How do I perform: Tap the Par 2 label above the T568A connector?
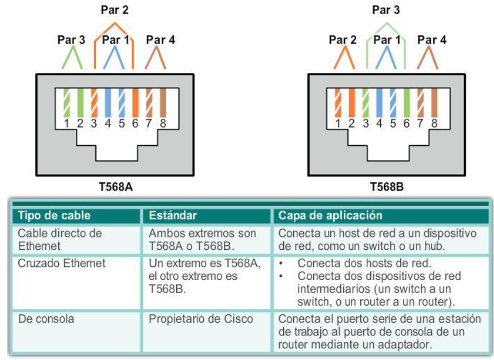[x=115, y=11]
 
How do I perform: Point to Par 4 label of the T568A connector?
[x=160, y=40]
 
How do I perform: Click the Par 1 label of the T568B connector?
[x=387, y=40]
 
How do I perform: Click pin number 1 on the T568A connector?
[x=68, y=124]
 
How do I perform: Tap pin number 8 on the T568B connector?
[x=434, y=124]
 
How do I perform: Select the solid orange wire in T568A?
[x=135, y=103]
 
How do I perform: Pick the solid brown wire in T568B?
[x=434, y=103]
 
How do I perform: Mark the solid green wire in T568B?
[x=407, y=103]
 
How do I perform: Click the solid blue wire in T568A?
[x=108, y=103]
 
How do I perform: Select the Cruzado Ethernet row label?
[x=62, y=264]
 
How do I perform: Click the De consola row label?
[x=44, y=319]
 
